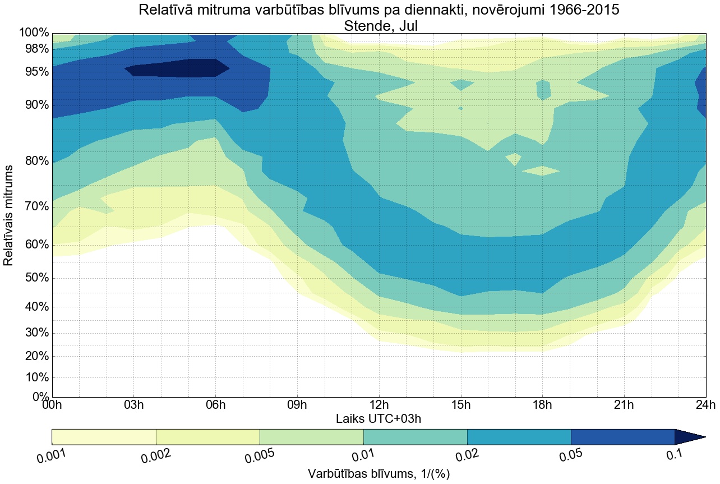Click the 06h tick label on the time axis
click(x=215, y=405)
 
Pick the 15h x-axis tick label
click(x=460, y=405)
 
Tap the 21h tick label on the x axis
click(x=624, y=405)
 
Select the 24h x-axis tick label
click(x=705, y=405)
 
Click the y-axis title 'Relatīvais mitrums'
click(x=9, y=215)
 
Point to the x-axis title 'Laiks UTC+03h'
click(x=379, y=418)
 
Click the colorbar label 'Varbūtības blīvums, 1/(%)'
click(x=379, y=473)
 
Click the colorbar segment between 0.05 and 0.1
click(x=622, y=437)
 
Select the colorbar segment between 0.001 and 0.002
click(x=104, y=437)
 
